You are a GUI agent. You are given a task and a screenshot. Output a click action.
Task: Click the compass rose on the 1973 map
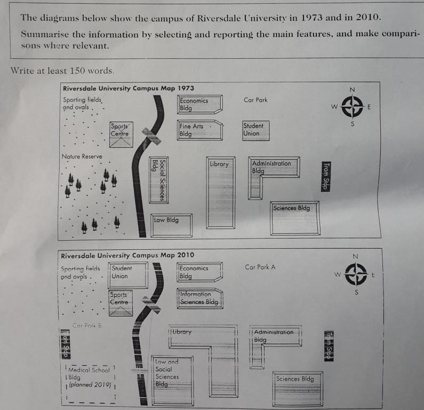[352, 107]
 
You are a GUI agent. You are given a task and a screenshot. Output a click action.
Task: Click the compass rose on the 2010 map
[356, 274]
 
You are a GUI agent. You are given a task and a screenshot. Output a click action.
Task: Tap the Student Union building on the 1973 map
[255, 130]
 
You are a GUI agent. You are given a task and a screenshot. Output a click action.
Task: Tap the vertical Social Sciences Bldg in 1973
[157, 179]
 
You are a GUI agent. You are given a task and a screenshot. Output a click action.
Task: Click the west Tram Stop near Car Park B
[66, 345]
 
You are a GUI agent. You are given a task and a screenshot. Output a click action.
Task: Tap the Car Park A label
[260, 267]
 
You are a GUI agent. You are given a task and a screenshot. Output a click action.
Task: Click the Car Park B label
[86, 325]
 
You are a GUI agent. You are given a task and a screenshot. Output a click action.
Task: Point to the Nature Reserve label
[82, 156]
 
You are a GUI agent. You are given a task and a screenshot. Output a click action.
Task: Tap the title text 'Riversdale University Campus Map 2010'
[127, 255]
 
